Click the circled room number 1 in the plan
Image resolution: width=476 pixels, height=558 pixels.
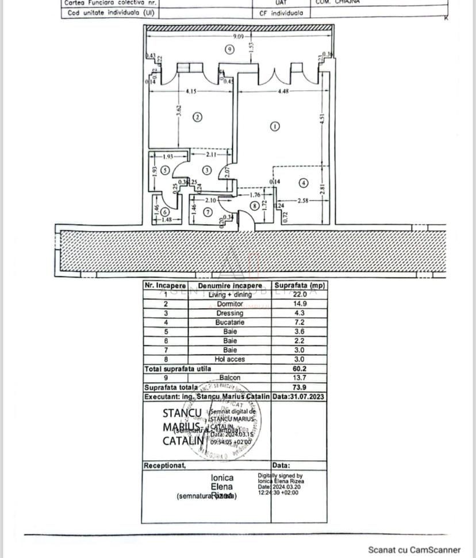click(275, 126)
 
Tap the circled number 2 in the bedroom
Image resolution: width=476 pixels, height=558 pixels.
click(197, 117)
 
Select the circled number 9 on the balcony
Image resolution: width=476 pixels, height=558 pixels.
click(229, 50)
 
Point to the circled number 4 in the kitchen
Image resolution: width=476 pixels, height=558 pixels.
click(303, 183)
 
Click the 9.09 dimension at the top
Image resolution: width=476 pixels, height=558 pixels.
click(238, 37)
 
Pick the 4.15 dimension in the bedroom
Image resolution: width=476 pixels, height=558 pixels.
click(192, 91)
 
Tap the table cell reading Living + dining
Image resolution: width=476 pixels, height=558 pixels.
click(229, 295)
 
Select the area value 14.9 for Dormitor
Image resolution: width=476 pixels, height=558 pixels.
click(299, 304)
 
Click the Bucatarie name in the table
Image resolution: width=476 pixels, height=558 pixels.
click(229, 322)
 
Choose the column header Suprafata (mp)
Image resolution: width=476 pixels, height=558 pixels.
click(299, 285)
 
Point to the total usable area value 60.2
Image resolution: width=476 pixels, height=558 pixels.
click(299, 368)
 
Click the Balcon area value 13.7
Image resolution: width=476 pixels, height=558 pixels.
click(299, 378)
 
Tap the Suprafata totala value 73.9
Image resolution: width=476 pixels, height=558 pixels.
click(299, 387)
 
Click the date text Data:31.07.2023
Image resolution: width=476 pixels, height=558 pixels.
click(298, 397)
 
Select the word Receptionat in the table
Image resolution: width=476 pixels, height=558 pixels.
click(165, 465)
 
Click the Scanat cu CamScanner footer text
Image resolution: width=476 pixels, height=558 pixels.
click(414, 550)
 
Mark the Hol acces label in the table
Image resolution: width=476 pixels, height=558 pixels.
click(229, 359)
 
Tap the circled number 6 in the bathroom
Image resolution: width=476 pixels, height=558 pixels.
click(165, 211)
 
